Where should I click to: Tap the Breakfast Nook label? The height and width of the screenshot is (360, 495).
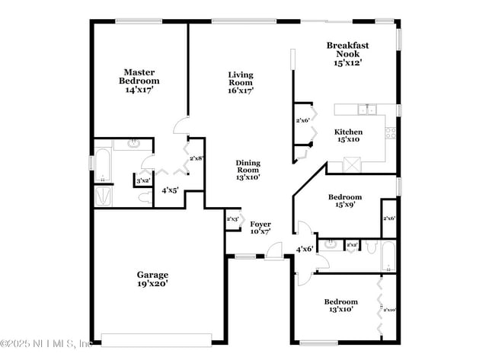tap(347, 54)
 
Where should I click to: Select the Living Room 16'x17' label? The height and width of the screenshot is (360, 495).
tap(241, 82)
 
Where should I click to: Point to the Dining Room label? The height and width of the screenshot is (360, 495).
tap(247, 169)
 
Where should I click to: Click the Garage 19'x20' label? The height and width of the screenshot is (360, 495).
tap(152, 279)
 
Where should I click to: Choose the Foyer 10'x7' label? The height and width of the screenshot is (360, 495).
tap(260, 227)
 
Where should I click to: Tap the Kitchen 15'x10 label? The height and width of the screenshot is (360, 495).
tap(349, 135)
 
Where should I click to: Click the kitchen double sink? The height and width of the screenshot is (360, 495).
tap(369, 110)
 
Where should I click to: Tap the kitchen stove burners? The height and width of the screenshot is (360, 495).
tap(391, 132)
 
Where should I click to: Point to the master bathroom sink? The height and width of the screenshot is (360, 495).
tap(134, 143)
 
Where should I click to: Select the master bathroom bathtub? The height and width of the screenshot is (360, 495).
tap(102, 167)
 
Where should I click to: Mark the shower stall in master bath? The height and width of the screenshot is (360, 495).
tap(102, 196)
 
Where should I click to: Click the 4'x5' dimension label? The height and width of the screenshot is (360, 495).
tap(169, 190)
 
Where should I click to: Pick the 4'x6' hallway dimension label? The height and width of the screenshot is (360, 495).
tap(305, 249)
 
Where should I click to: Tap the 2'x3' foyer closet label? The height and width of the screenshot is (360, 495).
tap(233, 219)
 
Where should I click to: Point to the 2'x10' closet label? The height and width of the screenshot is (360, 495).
tap(389, 310)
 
